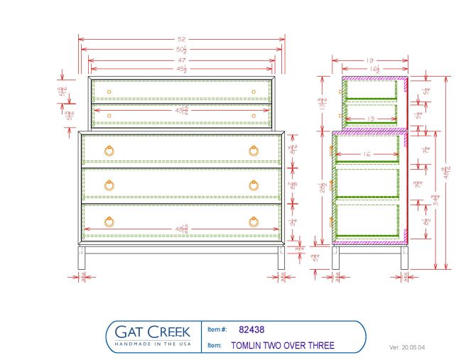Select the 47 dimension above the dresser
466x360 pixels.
182,61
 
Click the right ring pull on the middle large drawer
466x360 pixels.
254,185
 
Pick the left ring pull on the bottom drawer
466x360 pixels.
109,221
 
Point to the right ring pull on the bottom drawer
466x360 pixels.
254,221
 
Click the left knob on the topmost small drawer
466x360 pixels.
109,92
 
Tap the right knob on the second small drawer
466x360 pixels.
253,115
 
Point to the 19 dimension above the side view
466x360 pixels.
369,60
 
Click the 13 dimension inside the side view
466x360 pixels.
369,119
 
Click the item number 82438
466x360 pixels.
252,329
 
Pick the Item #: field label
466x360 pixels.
217,329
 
